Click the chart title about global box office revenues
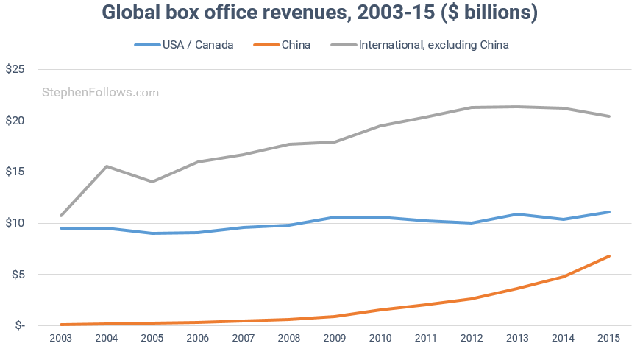[x=321, y=13]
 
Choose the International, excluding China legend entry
[x=433, y=45]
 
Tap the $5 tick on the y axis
[x=18, y=275]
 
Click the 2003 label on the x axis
[x=60, y=338]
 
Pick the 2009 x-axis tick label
[x=335, y=338]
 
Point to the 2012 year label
[x=472, y=338]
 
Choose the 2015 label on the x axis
[x=608, y=338]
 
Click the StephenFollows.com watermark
[x=101, y=93]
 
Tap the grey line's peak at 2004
[x=107, y=166]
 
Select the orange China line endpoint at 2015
[x=609, y=256]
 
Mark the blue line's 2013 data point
[x=518, y=214]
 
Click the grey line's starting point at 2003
[x=61, y=216]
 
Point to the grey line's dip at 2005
[x=152, y=182]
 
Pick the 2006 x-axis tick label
[x=197, y=338]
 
